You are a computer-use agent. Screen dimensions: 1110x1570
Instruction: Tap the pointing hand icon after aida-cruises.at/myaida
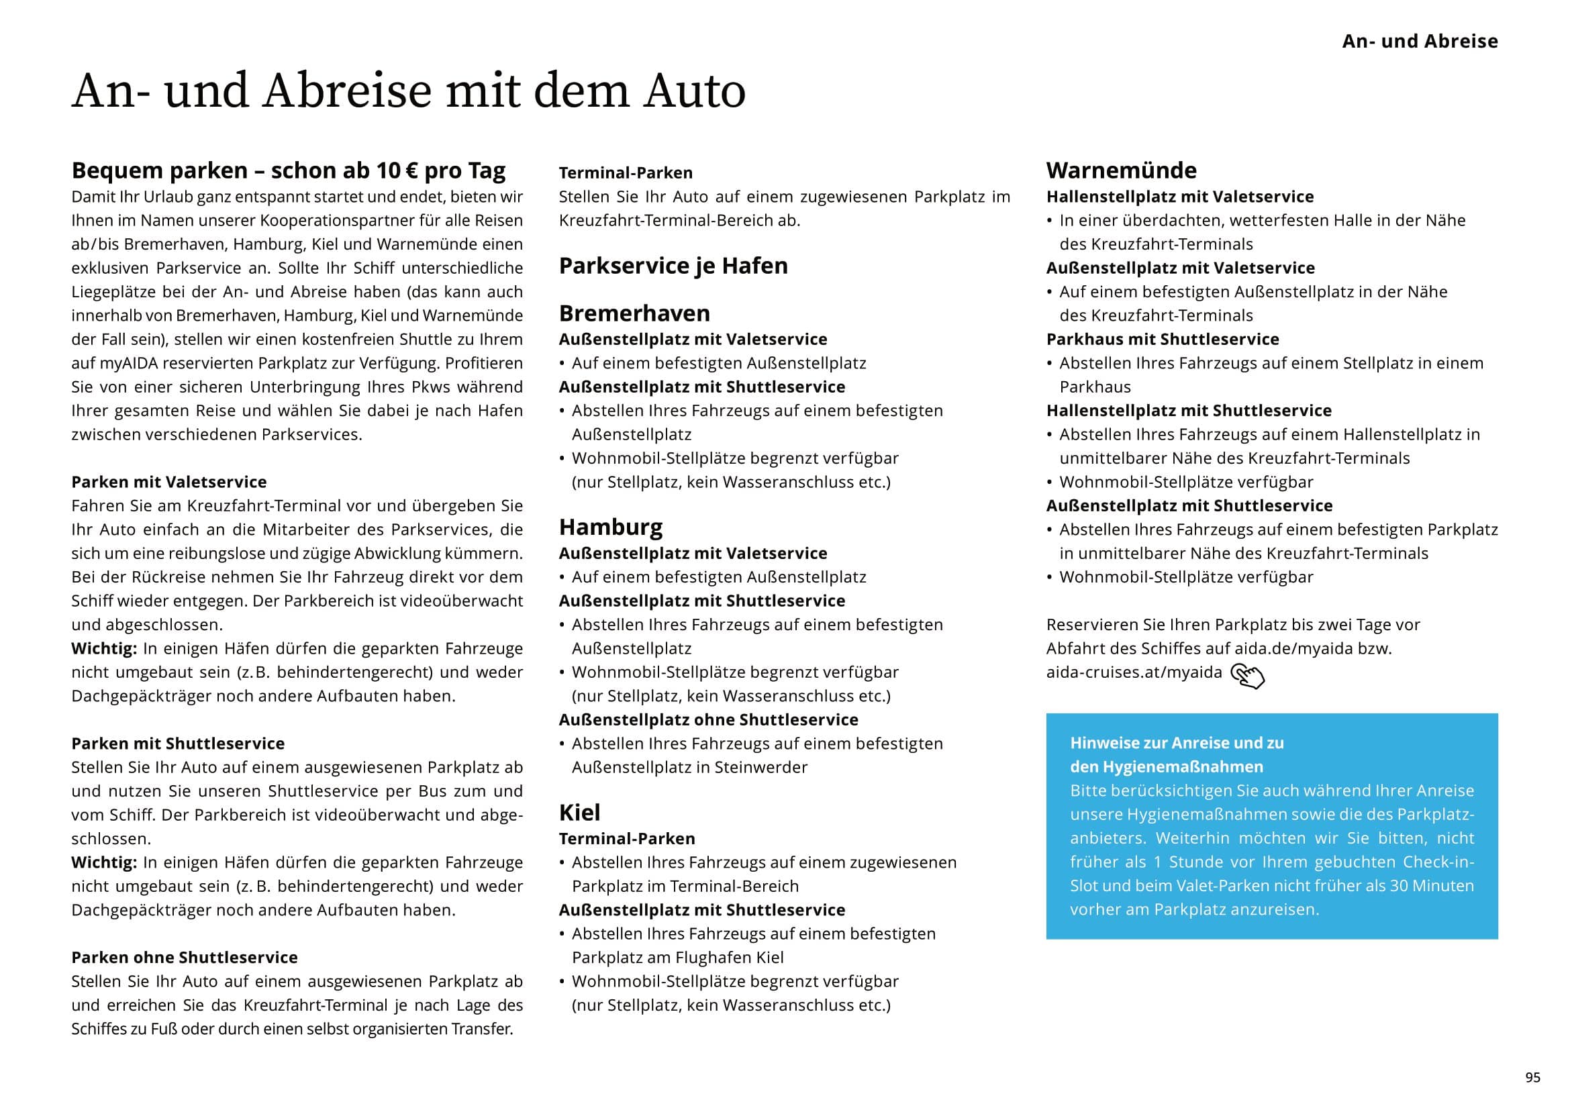point(1247,676)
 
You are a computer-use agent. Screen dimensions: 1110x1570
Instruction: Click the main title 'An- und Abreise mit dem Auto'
point(408,91)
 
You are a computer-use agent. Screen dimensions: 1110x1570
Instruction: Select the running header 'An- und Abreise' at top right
point(1420,41)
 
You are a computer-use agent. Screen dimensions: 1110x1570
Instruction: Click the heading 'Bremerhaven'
point(634,313)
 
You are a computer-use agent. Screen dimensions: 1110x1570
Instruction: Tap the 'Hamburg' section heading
point(611,527)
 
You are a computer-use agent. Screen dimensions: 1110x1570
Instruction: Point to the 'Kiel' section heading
point(579,813)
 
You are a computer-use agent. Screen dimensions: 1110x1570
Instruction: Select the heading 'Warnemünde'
point(1121,170)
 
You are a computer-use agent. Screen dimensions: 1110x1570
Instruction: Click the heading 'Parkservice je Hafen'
point(673,265)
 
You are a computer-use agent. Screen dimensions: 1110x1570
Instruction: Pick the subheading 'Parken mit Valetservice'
point(169,482)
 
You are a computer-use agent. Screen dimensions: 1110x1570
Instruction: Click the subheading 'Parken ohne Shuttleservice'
point(185,958)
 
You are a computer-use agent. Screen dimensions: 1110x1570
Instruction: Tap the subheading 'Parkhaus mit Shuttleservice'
point(1163,339)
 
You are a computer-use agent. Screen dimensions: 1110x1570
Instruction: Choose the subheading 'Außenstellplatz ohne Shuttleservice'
point(708,719)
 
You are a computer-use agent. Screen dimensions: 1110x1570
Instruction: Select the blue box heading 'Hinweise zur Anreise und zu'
point(1176,743)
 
